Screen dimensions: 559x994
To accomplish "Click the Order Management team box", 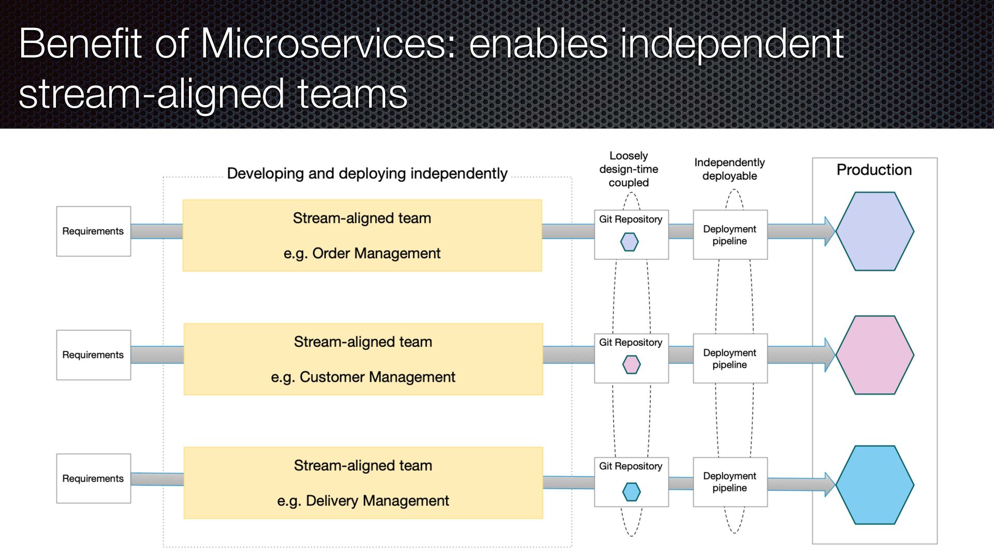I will point(362,236).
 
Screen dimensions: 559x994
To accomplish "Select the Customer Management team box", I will point(363,359).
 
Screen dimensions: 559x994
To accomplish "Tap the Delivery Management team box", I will point(363,483).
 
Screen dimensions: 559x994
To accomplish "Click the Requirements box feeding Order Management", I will point(93,231).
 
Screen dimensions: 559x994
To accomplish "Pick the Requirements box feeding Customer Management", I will point(93,355).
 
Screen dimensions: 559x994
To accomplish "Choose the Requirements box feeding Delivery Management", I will point(93,479).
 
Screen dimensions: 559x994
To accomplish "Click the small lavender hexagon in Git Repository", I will point(630,242).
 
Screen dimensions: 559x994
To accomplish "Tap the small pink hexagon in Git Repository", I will point(631,364).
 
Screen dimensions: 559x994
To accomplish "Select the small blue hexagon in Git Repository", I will point(631,491).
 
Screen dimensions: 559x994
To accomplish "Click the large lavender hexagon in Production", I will point(874,231).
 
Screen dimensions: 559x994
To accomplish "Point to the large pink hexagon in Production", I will point(874,355).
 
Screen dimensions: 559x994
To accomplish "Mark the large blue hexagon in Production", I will point(874,485).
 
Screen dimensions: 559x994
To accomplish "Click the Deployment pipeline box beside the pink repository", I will point(730,358).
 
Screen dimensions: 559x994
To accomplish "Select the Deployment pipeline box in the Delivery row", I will point(730,482).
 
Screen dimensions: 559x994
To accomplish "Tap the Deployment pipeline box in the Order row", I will point(730,235).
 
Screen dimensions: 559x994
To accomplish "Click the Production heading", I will point(874,170).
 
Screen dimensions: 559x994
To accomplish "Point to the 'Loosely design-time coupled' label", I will point(628,169).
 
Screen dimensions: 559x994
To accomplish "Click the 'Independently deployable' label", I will point(729,169).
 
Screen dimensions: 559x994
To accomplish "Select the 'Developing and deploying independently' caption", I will point(367,173).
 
